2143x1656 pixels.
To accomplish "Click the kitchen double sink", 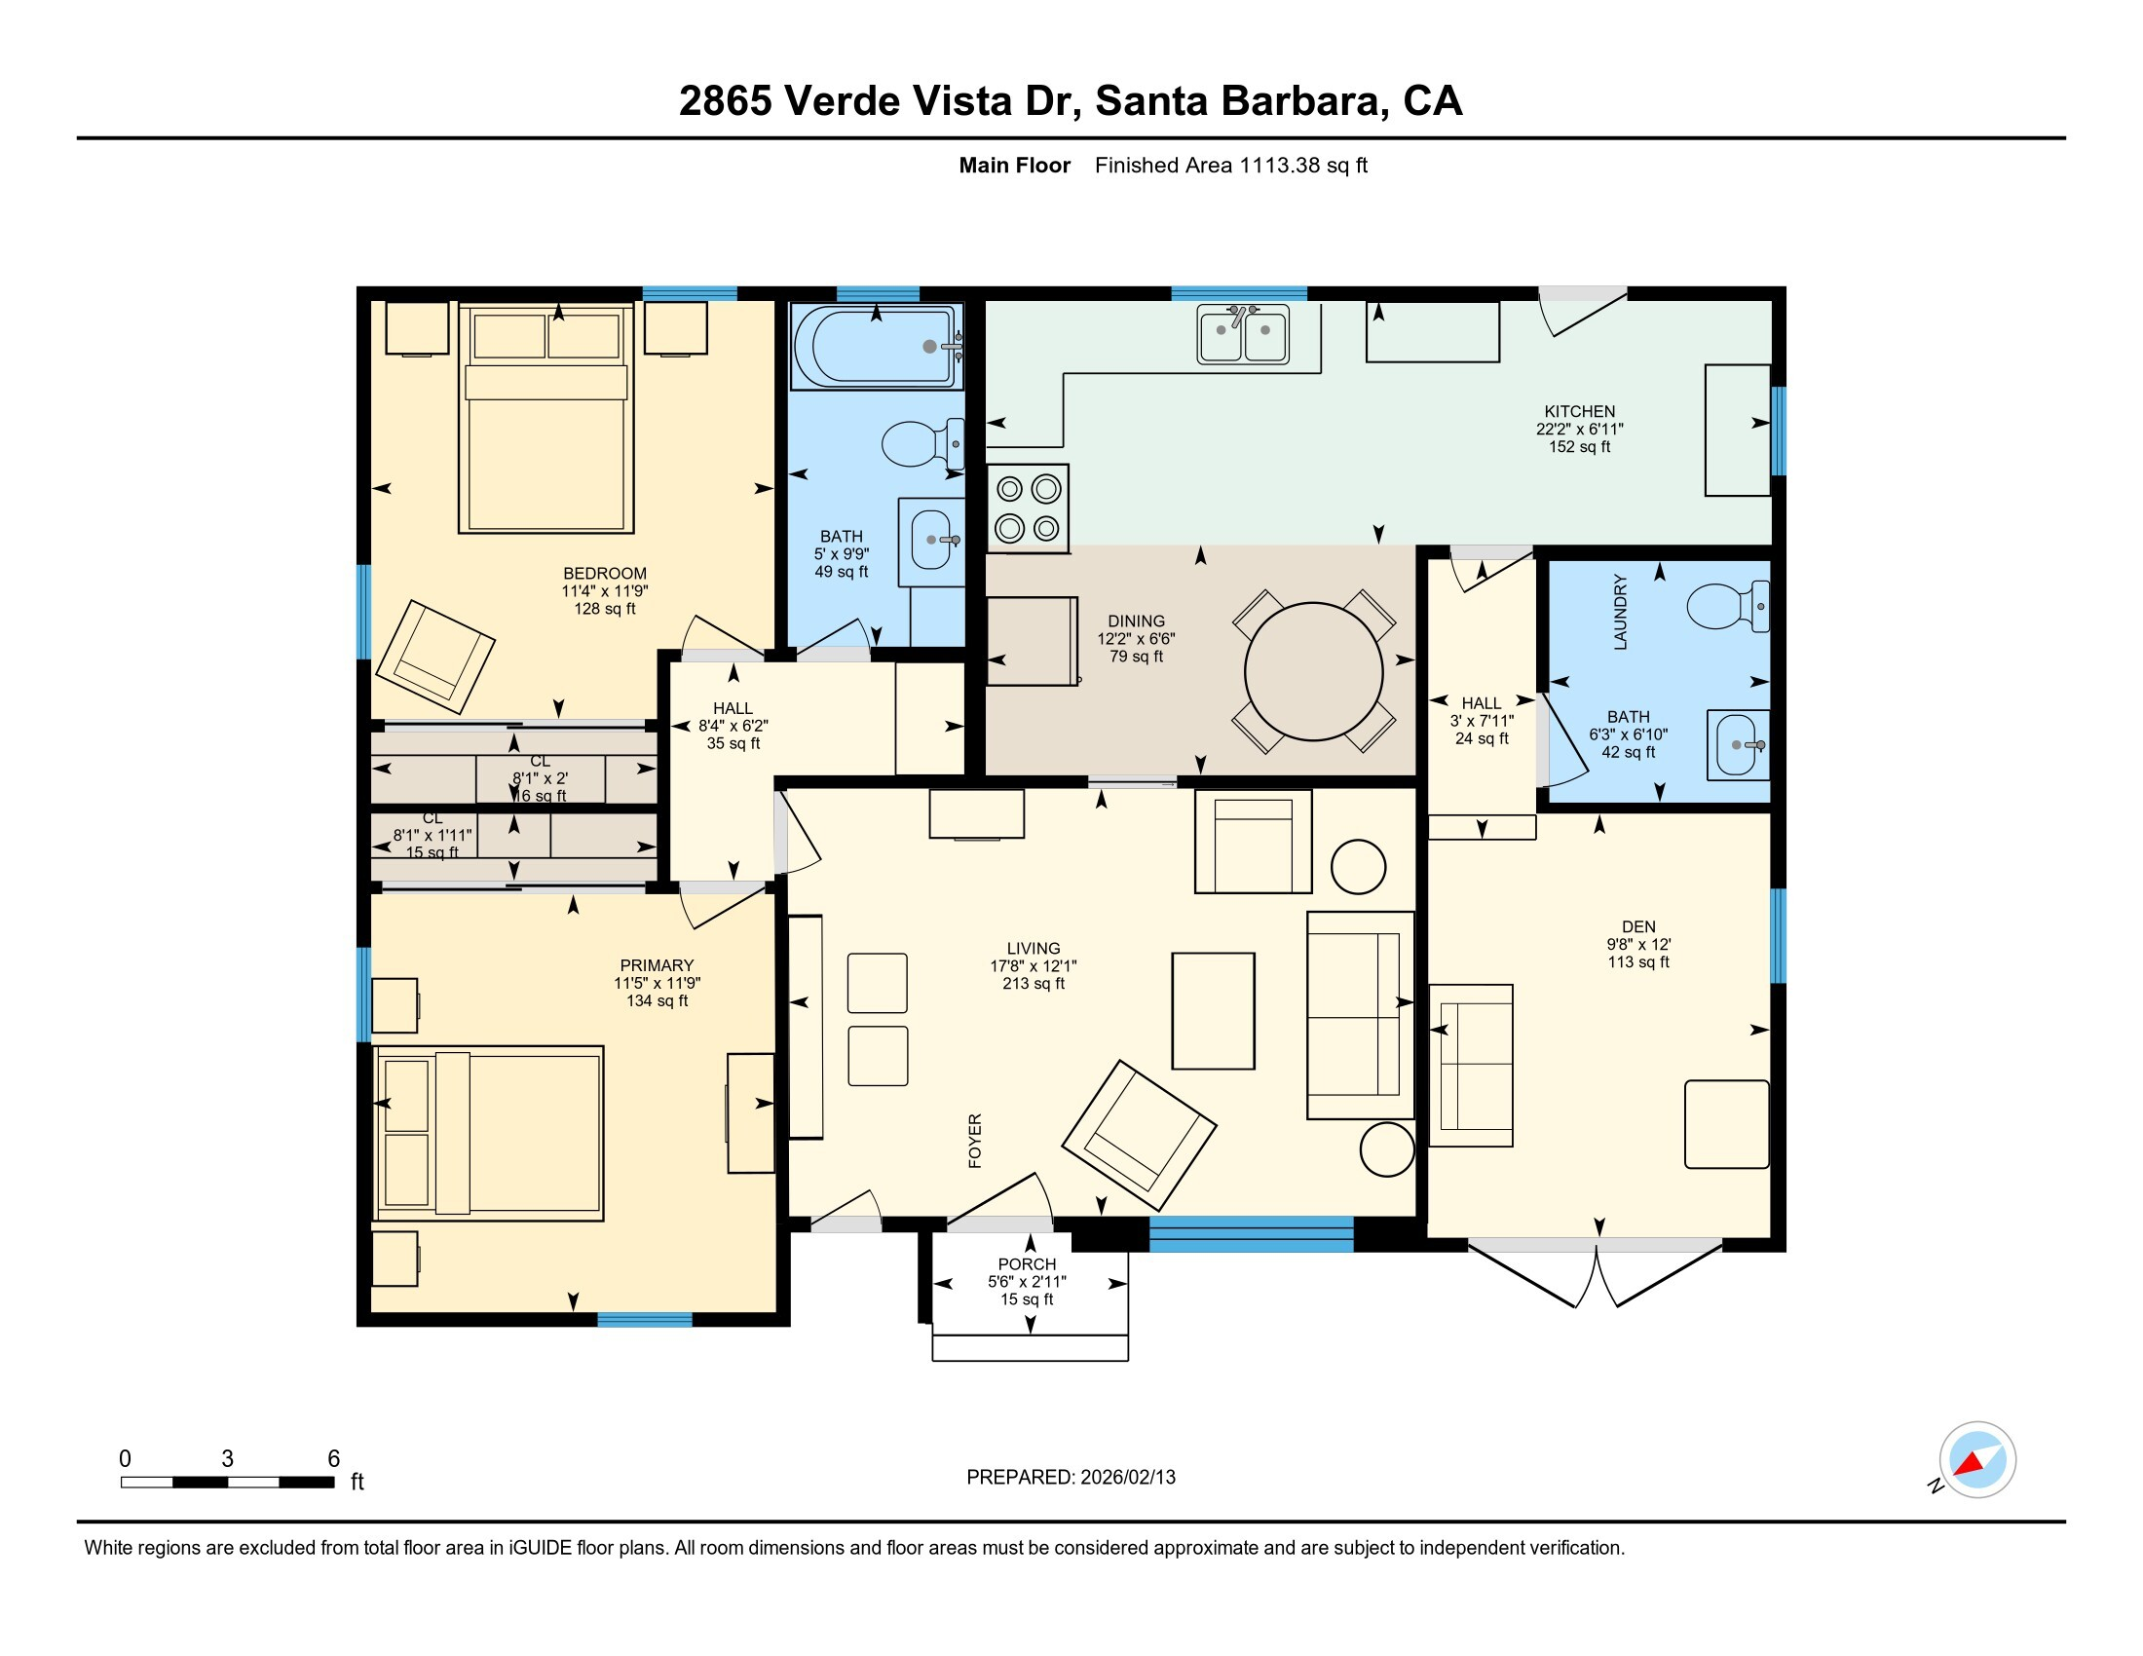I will [x=1242, y=334].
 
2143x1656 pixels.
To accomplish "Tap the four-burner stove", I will [x=1028, y=508].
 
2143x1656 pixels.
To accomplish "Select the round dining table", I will [x=1313, y=672].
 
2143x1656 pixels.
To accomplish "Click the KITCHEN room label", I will [x=1579, y=412].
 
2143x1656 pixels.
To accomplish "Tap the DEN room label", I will [x=1637, y=927].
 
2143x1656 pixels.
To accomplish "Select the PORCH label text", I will [x=1027, y=1264].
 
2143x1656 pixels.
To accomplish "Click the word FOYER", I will [x=974, y=1141].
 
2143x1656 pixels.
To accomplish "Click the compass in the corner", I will [x=1976, y=1460].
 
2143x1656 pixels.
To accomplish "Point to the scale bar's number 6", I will [x=333, y=1459].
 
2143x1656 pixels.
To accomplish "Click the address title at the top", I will [x=1071, y=101].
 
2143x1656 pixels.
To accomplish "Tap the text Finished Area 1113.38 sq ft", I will [x=1230, y=166].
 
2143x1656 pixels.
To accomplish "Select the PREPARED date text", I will [x=1071, y=1478].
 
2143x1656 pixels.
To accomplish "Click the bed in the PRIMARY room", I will [x=489, y=1133].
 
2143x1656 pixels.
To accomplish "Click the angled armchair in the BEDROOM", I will [x=434, y=657].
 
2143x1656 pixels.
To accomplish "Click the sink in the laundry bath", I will [x=1737, y=744].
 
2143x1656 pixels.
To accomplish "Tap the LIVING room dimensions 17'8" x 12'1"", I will [x=1033, y=966].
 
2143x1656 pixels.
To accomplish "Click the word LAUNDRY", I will [x=1620, y=612].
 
